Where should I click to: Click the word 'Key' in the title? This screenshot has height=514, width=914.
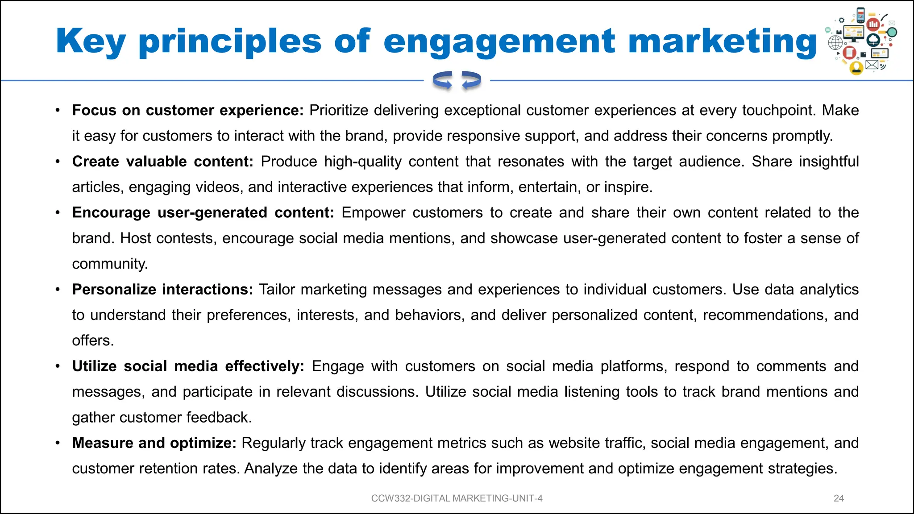click(91, 41)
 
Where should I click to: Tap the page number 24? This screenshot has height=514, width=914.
click(839, 498)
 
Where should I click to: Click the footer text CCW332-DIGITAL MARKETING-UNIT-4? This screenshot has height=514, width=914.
click(457, 498)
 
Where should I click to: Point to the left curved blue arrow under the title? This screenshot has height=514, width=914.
click(443, 81)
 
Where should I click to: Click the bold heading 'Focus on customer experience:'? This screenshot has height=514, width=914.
click(187, 110)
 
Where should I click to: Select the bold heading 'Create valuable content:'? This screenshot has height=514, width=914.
click(162, 162)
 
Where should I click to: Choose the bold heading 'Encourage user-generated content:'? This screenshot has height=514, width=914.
click(203, 213)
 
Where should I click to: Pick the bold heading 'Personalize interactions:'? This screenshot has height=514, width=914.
click(162, 290)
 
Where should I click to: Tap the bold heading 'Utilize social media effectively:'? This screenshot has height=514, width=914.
click(188, 366)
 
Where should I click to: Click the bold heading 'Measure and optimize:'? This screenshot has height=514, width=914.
click(154, 443)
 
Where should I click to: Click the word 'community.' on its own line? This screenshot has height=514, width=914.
click(110, 264)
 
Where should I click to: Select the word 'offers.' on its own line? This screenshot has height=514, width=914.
click(93, 340)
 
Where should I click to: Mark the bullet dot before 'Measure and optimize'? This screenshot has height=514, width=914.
click(58, 443)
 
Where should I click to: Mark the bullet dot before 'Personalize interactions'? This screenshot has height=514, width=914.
click(58, 290)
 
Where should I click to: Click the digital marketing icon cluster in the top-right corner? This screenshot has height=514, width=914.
click(862, 41)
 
